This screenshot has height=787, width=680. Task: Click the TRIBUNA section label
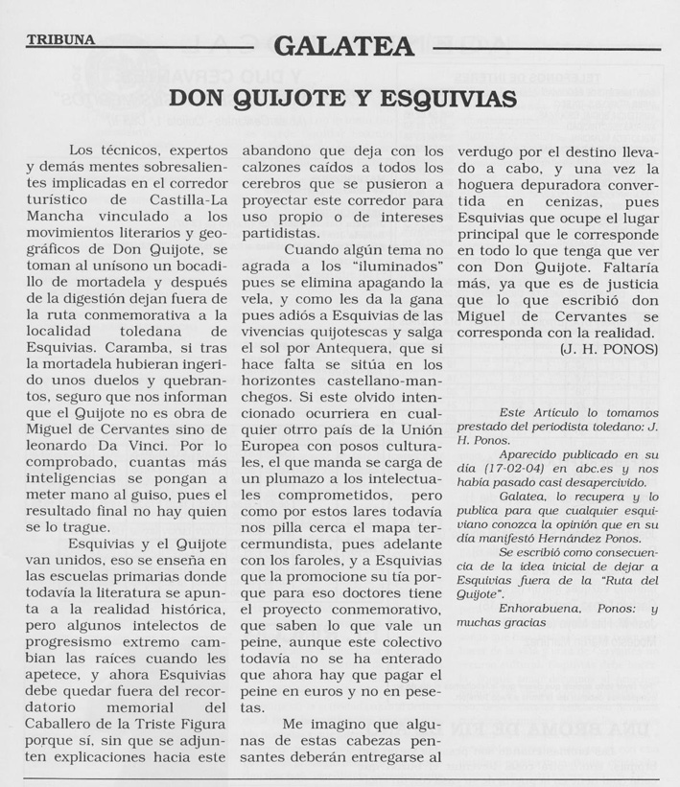click(x=60, y=40)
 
